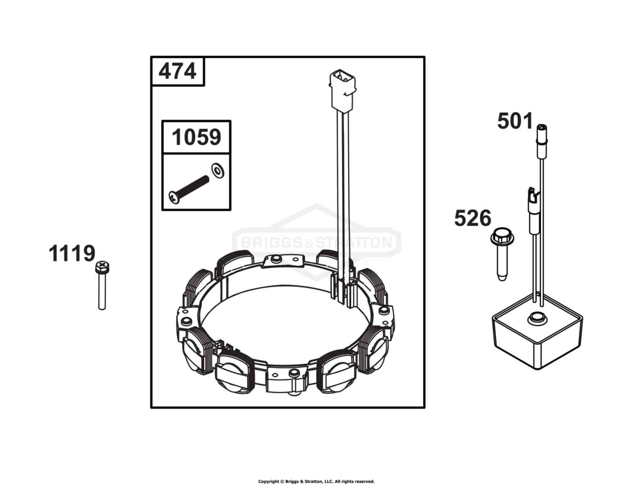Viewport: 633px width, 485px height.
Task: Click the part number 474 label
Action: click(177, 71)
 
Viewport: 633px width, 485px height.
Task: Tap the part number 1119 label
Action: click(72, 253)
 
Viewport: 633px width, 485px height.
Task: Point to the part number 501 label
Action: click(515, 121)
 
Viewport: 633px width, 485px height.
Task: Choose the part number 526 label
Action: click(472, 218)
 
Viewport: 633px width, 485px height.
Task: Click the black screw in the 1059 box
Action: click(189, 190)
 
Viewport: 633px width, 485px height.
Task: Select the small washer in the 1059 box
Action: click(217, 171)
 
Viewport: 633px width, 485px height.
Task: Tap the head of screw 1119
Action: click(102, 267)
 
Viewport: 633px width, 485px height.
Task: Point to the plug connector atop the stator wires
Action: click(342, 91)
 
